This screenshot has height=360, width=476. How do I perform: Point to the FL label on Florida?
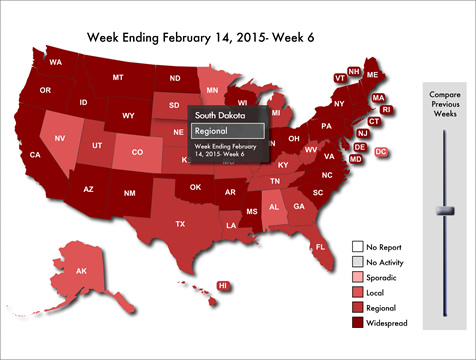coord(320,246)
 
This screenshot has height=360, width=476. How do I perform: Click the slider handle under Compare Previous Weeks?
coord(446,210)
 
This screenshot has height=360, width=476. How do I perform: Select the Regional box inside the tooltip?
coord(227,130)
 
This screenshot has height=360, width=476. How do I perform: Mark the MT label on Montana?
coord(118,77)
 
